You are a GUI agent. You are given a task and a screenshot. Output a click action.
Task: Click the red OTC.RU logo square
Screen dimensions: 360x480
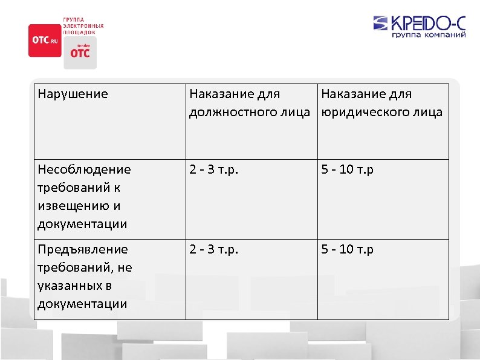44,41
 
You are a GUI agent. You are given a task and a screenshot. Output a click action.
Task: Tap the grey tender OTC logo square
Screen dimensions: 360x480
80,52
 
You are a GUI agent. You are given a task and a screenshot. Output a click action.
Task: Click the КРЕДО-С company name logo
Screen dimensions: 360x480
429,24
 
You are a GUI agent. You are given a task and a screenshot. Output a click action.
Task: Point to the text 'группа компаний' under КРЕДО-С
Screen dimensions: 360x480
429,36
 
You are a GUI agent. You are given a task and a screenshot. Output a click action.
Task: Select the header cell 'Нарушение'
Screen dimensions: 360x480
73,94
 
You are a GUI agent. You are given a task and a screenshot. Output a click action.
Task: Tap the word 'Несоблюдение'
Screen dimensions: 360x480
83,170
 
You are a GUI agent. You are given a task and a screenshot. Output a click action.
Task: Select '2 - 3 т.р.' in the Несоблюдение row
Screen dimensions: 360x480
214,170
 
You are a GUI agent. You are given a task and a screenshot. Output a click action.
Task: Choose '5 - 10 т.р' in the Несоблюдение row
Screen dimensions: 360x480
347,170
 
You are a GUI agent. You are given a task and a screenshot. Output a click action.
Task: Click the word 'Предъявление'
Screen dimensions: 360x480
83,249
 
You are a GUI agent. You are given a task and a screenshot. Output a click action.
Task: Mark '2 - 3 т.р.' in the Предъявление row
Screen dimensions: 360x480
214,249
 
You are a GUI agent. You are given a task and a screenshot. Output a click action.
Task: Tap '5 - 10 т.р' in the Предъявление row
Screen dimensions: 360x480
347,249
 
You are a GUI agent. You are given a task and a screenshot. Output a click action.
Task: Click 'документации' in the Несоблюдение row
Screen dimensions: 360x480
82,224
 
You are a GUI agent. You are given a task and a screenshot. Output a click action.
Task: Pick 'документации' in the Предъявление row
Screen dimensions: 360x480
82,303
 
